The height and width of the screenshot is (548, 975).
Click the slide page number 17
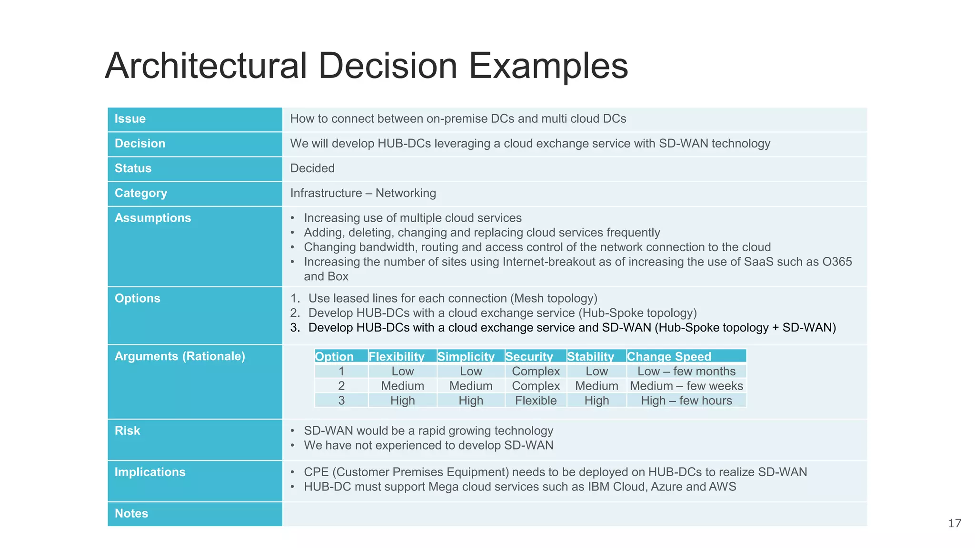tap(954, 523)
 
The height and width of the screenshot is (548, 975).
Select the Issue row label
tap(130, 119)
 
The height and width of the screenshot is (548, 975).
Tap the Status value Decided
tap(312, 168)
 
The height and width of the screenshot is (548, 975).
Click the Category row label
tap(141, 193)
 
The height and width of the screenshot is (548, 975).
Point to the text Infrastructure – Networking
tap(363, 193)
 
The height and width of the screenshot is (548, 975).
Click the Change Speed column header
tap(669, 356)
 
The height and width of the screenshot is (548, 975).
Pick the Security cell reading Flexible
tap(536, 401)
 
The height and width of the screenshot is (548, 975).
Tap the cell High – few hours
tap(686, 401)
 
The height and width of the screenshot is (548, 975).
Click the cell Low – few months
tap(686, 371)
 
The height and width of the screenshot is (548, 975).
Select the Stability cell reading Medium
tap(597, 386)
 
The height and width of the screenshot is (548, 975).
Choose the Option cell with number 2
tap(341, 386)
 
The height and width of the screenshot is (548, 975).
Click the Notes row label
tap(131, 514)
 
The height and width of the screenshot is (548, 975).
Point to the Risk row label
tap(128, 431)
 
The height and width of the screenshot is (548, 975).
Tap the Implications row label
tap(150, 472)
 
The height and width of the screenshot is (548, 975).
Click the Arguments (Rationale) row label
tap(180, 356)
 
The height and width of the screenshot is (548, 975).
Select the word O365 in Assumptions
tap(837, 262)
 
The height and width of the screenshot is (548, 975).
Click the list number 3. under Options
tap(295, 328)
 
